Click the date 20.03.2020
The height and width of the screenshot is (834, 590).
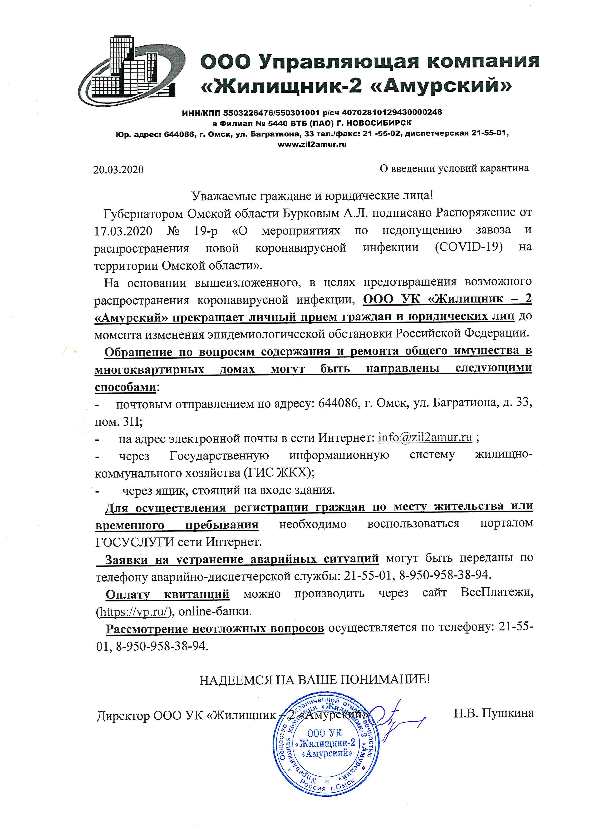(x=118, y=170)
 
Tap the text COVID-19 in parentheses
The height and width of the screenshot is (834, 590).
(x=469, y=247)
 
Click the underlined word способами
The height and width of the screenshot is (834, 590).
(x=125, y=387)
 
